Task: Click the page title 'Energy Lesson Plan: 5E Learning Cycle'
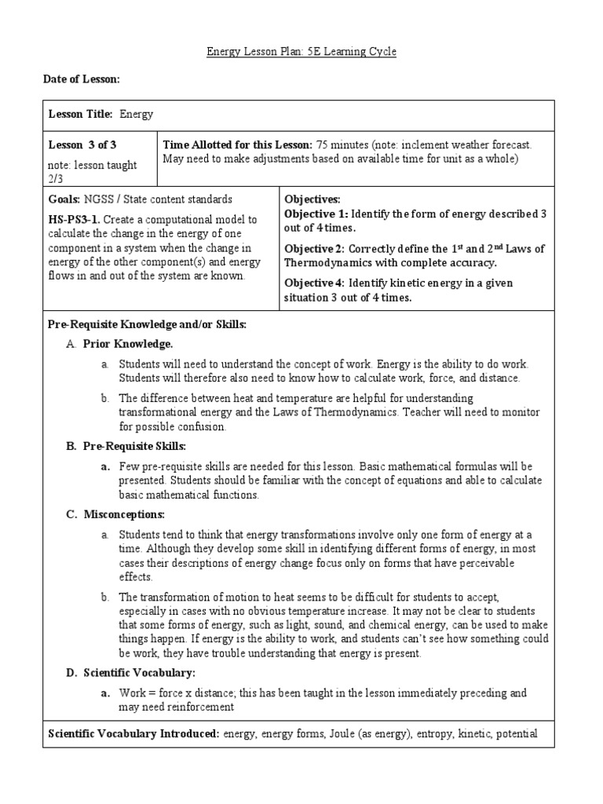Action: click(301, 52)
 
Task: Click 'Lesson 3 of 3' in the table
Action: click(82, 144)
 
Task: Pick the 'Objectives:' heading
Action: click(312, 200)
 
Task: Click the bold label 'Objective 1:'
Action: click(316, 214)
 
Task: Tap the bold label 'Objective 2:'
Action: click(316, 249)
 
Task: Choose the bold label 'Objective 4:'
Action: click(316, 283)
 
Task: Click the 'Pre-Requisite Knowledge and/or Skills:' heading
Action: click(148, 324)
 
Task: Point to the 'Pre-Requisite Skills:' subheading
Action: click(134, 446)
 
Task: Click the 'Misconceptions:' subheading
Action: click(124, 514)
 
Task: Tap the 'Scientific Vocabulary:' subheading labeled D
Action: click(139, 673)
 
